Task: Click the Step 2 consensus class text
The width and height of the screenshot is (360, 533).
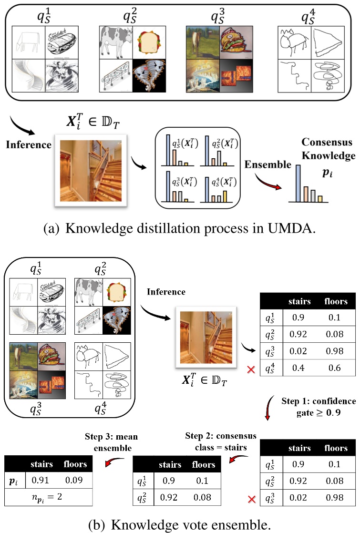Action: pos(221,441)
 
